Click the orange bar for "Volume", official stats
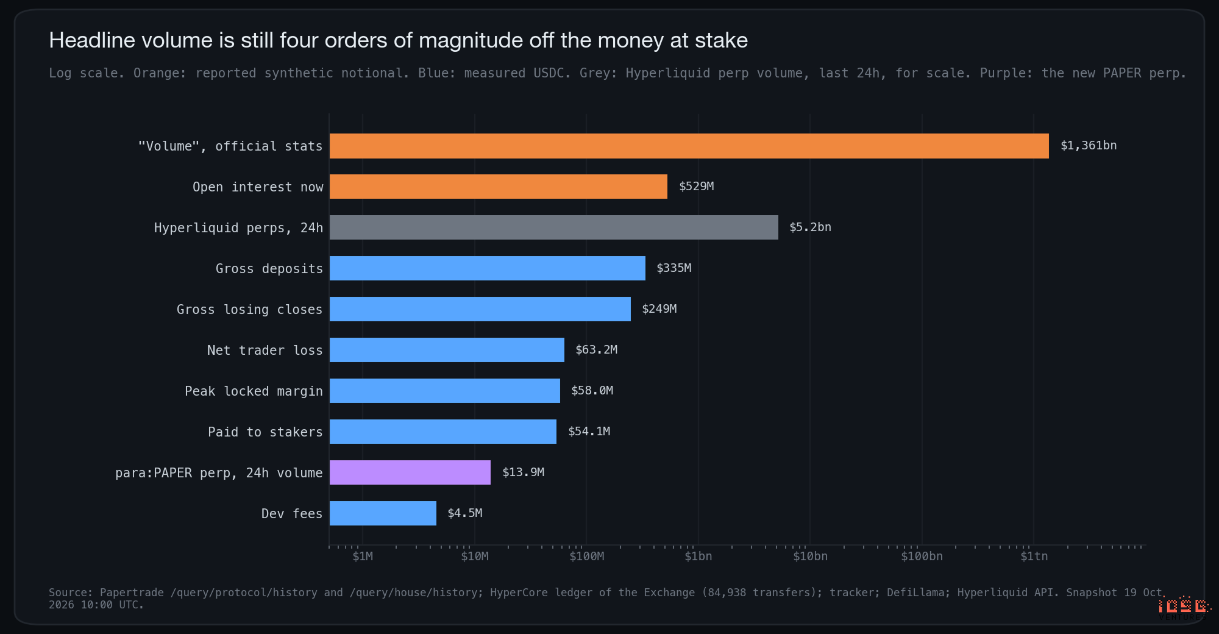point(689,146)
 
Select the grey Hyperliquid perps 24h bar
point(553,227)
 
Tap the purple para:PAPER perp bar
point(410,472)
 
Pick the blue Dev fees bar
point(383,513)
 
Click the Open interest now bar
point(498,187)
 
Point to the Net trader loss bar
point(447,350)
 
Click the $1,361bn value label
point(1089,146)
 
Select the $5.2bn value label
point(810,227)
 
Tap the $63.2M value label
point(596,350)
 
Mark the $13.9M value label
point(523,472)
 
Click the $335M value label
point(673,268)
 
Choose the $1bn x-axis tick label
point(698,556)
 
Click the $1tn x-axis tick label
point(1034,556)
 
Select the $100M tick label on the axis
point(586,556)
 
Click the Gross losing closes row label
point(249,310)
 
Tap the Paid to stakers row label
point(265,432)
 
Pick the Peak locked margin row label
point(254,391)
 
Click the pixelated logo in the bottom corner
point(1184,607)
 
